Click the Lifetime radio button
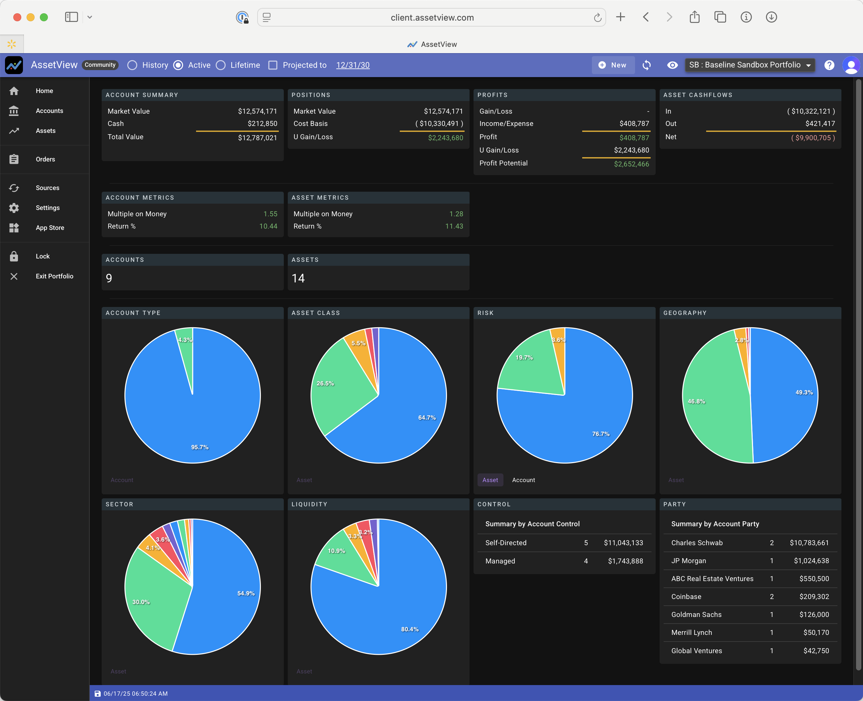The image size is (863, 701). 221,65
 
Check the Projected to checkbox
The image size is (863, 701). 273,65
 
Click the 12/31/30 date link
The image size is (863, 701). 353,65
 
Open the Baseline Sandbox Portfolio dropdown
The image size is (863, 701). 750,65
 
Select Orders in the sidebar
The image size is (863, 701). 45,159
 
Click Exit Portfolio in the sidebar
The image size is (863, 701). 54,276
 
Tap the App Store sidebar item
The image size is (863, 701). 50,228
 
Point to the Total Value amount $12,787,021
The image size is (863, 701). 257,138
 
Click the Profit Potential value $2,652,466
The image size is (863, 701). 631,164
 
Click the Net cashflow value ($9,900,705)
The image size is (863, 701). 812,138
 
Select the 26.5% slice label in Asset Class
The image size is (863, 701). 325,383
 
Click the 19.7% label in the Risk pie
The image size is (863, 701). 524,357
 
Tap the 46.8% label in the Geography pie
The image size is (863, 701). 696,401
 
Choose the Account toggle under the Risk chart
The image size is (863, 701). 523,480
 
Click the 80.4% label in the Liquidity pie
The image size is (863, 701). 409,629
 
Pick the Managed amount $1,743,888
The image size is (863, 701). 625,561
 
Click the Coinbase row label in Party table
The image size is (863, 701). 686,596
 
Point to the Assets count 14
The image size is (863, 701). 298,278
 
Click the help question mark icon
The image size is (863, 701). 829,65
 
